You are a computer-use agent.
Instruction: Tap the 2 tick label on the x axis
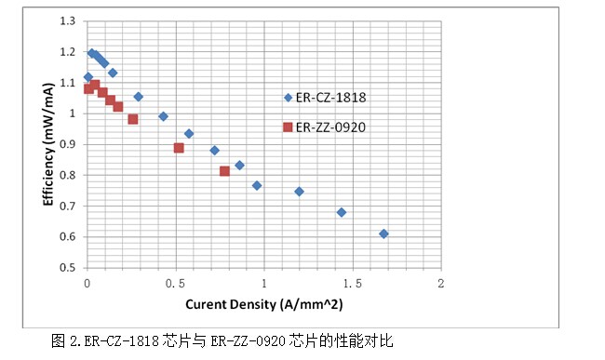point(441,282)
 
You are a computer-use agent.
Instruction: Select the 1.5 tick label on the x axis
point(353,282)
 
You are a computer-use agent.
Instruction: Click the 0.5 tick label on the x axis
point(175,282)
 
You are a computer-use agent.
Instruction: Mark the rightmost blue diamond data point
point(383,233)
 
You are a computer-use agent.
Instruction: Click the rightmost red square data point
point(224,171)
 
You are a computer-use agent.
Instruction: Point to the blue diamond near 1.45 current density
point(342,212)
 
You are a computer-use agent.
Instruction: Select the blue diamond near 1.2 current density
point(299,191)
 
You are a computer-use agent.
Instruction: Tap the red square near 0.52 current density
point(179,148)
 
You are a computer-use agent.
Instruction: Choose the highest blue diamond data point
point(92,53)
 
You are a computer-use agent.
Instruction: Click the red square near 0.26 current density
point(133,119)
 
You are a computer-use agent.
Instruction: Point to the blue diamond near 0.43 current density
point(163,116)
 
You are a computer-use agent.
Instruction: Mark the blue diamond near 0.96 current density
point(257,185)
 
